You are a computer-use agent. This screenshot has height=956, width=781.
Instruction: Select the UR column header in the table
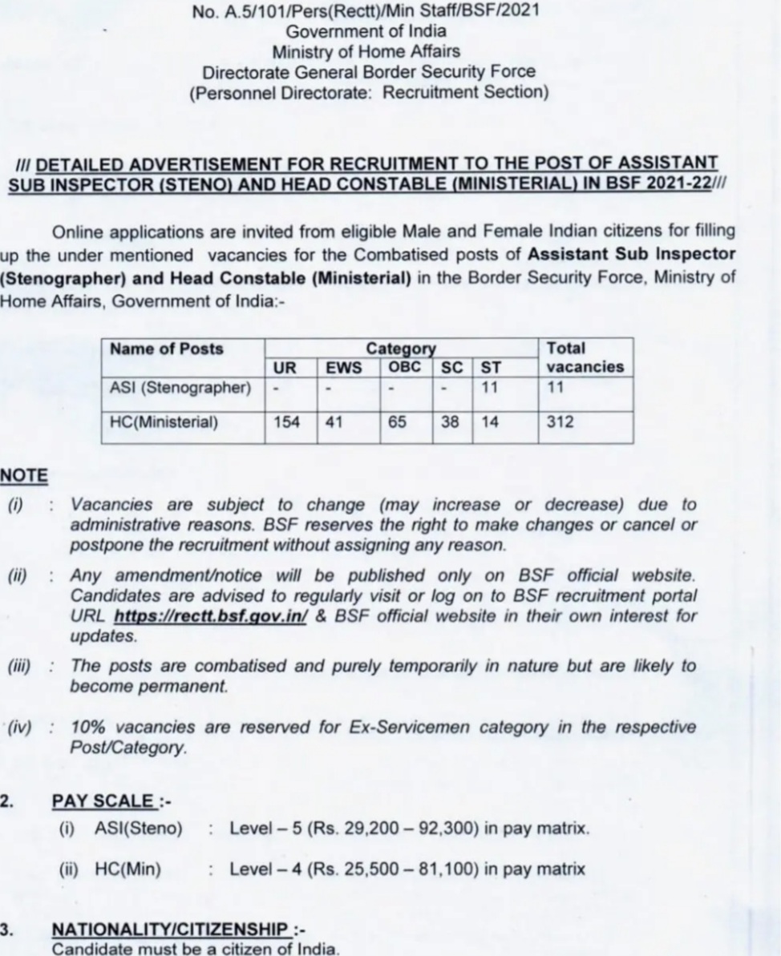click(x=285, y=368)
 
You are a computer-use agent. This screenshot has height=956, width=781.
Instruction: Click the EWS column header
click(x=343, y=368)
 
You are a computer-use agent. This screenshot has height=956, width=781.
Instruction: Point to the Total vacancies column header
click(x=585, y=358)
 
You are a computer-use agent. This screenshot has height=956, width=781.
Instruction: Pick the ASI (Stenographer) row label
click(x=180, y=388)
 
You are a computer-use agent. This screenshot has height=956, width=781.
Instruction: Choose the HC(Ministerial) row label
click(x=164, y=422)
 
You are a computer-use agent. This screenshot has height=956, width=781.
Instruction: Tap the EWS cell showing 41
click(x=334, y=422)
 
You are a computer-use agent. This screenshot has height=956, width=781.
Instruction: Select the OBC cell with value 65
click(x=398, y=422)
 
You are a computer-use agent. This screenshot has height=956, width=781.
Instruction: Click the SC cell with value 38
click(x=450, y=422)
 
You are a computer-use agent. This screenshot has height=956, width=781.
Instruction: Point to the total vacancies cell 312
click(x=560, y=422)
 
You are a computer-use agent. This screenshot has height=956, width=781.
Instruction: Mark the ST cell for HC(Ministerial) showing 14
click(x=490, y=422)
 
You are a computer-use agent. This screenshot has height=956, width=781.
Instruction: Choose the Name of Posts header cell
click(x=167, y=349)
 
